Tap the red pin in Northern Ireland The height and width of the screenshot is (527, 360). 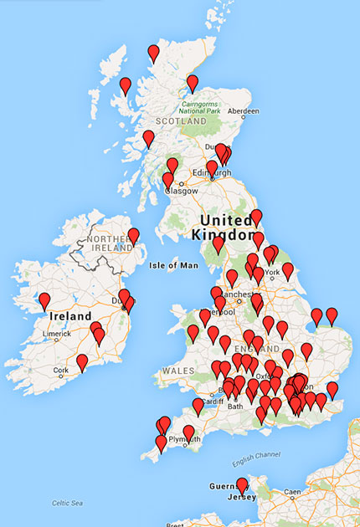pyautogui.click(x=133, y=237)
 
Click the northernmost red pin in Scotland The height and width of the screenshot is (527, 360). pyautogui.click(x=153, y=54)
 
